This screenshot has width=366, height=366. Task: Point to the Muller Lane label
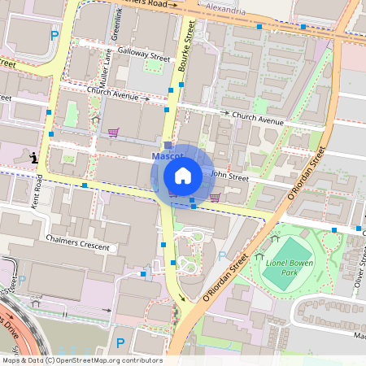click(104, 68)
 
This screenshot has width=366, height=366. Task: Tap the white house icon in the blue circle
click(183, 175)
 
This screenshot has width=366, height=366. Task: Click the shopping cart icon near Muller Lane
click(113, 133)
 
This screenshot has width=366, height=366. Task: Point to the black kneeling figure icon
click(33, 156)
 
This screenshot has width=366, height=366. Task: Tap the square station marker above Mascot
click(168, 145)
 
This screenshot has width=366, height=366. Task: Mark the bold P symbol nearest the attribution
click(120, 343)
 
